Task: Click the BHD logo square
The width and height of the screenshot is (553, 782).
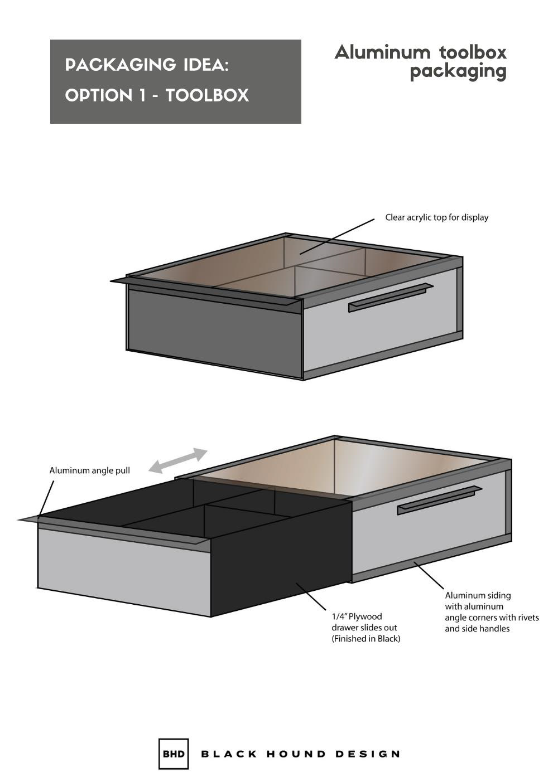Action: [x=174, y=754]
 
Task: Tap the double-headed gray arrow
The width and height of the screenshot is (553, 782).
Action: [x=178, y=461]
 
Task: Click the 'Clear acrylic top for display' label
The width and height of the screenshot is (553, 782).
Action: [x=436, y=217]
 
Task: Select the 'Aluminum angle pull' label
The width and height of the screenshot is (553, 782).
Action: [x=90, y=470]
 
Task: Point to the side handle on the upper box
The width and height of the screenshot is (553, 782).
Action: [x=390, y=298]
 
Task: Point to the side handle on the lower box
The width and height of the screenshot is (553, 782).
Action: [x=439, y=500]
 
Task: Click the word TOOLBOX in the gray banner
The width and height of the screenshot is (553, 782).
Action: [x=207, y=95]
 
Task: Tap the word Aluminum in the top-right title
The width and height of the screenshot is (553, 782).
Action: [x=383, y=52]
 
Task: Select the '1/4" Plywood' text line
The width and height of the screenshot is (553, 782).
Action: [x=357, y=616]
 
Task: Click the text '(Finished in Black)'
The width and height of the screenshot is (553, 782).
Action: [x=366, y=639]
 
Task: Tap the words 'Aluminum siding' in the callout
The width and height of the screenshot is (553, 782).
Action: [x=478, y=595]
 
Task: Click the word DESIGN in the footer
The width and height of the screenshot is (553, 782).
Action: [x=368, y=754]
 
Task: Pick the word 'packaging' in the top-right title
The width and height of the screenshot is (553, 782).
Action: [x=458, y=71]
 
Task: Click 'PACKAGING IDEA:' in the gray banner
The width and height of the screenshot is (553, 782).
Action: [x=147, y=65]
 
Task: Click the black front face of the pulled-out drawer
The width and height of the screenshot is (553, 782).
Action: [x=279, y=563]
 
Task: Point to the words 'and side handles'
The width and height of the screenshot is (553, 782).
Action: [x=477, y=629]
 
